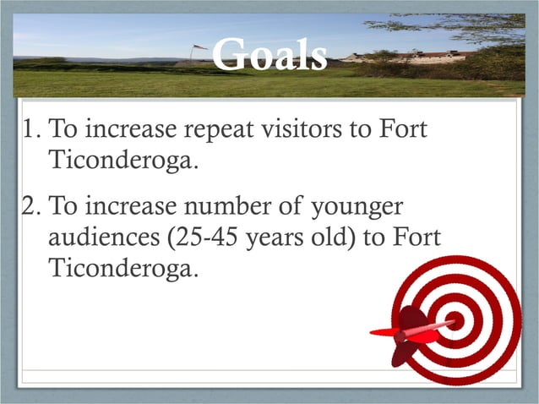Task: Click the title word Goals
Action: (269, 57)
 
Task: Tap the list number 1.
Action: (31, 132)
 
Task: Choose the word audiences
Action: (106, 239)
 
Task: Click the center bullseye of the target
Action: (455, 320)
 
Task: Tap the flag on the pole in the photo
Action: (199, 47)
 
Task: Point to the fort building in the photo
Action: (414, 57)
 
